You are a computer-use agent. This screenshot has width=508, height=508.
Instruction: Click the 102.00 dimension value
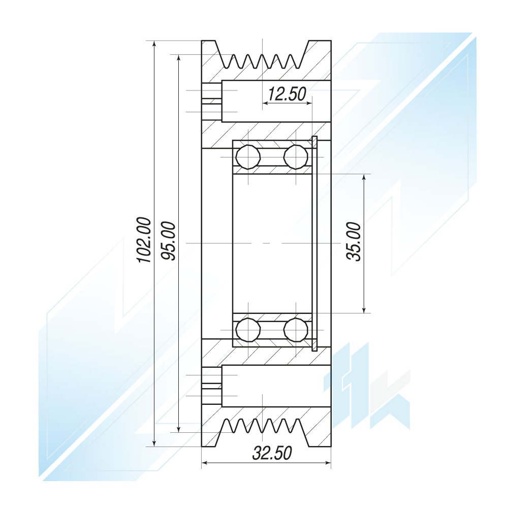click(x=144, y=240)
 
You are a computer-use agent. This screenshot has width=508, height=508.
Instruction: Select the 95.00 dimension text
click(x=169, y=241)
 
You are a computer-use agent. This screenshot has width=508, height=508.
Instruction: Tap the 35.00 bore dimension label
click(x=354, y=242)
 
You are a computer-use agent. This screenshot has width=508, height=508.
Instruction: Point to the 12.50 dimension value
click(x=287, y=94)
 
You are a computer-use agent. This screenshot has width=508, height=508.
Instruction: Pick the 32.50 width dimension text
click(x=272, y=453)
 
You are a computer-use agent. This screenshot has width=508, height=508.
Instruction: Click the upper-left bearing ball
click(x=248, y=157)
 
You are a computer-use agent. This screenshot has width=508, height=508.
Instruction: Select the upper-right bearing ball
click(x=296, y=157)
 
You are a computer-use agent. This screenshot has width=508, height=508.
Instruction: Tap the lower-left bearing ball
click(x=248, y=330)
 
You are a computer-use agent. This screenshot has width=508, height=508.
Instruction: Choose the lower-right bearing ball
click(x=296, y=330)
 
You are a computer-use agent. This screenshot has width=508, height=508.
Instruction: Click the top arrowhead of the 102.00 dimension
click(x=154, y=44)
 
